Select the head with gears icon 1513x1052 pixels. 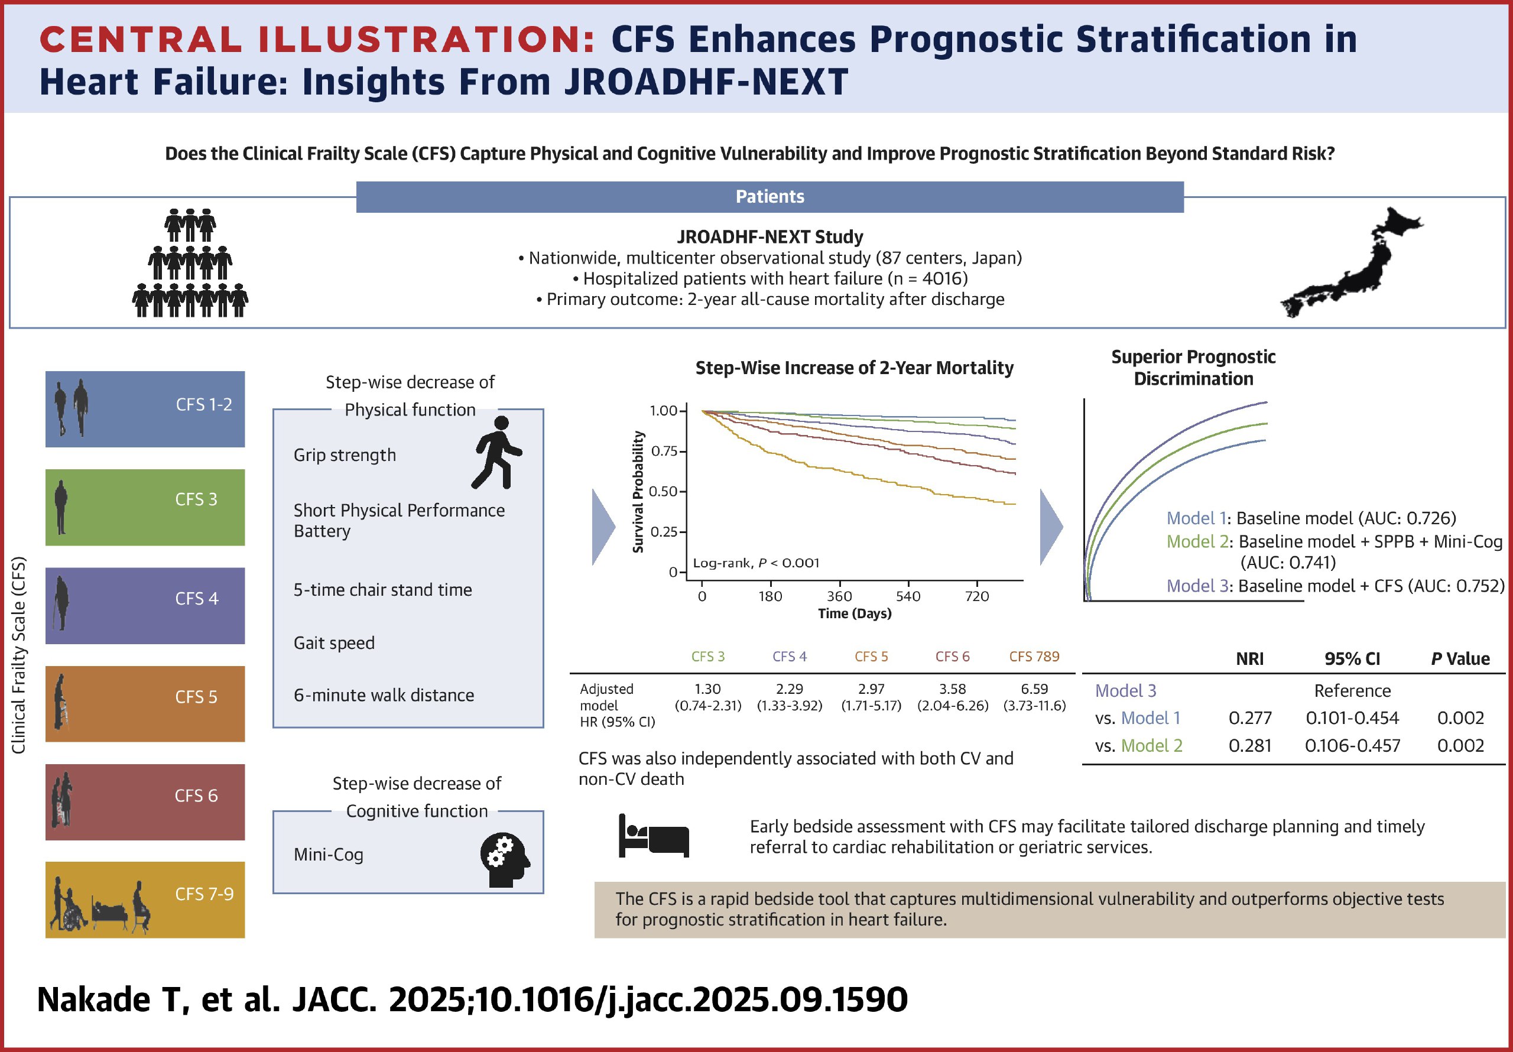(505, 859)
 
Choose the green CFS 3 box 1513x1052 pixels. (145, 507)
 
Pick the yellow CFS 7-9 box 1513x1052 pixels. (145, 899)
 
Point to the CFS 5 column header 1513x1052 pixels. (871, 657)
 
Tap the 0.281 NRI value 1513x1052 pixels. (1249, 745)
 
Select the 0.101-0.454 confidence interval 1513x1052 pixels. (1352, 718)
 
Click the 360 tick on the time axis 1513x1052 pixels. (839, 596)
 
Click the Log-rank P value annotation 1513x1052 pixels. (756, 563)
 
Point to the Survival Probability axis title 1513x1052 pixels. (638, 492)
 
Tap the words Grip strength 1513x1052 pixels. (345, 455)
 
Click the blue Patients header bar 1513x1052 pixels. (769, 196)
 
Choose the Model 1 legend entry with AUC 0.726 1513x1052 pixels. (1311, 518)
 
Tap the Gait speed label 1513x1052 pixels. (334, 642)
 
